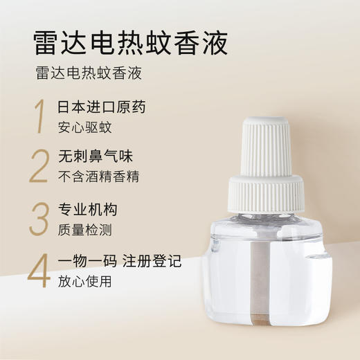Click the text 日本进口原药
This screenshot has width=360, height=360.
(102, 108)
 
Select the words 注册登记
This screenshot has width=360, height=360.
(153, 262)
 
